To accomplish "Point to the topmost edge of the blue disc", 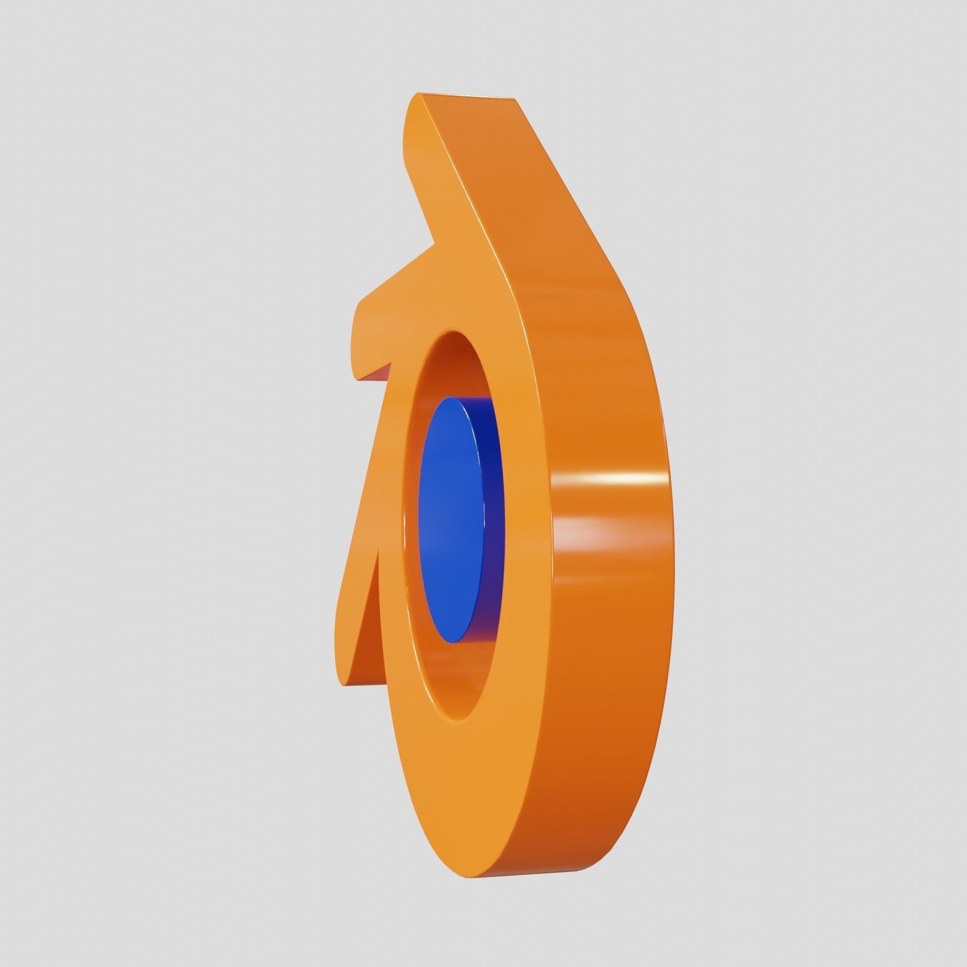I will point(456,398).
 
